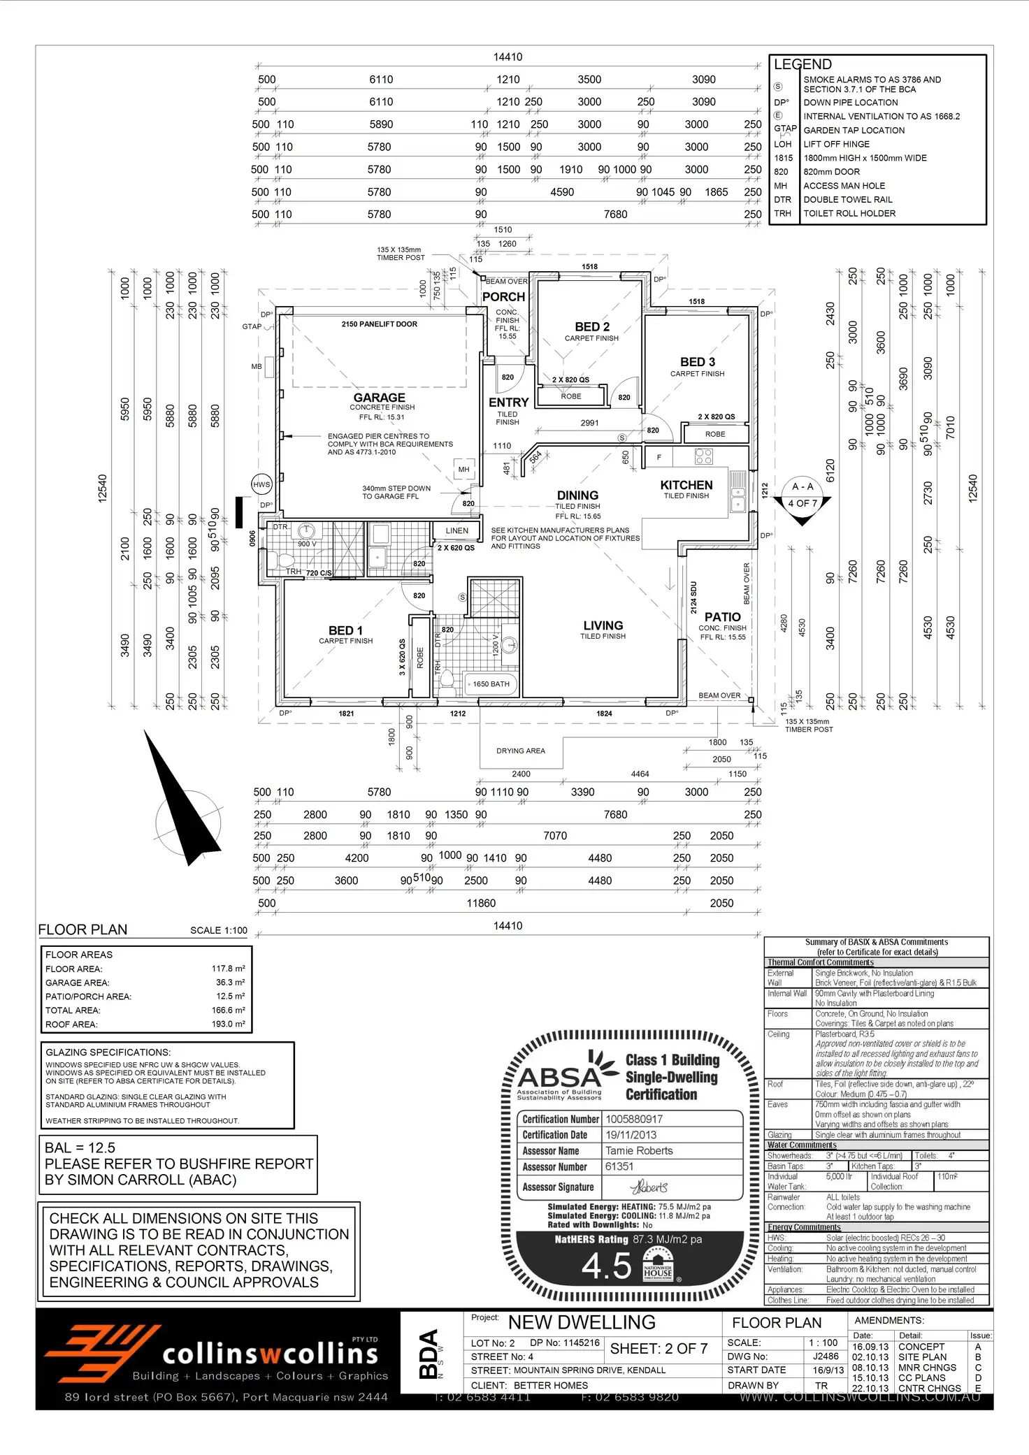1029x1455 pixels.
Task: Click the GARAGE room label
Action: coord(379,398)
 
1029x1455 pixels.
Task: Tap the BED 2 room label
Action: coord(592,327)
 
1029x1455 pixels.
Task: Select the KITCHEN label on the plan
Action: coord(686,485)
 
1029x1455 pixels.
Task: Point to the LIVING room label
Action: coord(603,625)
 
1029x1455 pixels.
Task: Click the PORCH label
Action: coord(503,297)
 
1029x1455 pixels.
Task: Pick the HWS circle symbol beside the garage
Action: coord(261,484)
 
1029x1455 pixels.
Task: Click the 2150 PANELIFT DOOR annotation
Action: coord(380,324)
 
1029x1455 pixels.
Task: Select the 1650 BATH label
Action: coord(491,684)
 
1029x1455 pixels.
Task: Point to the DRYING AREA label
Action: coord(521,751)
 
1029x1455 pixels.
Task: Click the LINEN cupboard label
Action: coord(457,531)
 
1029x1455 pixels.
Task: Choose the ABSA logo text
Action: coord(559,1078)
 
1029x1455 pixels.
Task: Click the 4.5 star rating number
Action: coord(607,1266)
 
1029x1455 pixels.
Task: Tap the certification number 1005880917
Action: coord(634,1119)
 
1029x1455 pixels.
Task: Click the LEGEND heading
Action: coord(803,64)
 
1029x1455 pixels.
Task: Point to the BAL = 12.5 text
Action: coord(80,1148)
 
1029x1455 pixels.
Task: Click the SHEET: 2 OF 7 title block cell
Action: coord(659,1348)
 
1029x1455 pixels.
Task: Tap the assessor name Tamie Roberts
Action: coord(639,1150)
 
